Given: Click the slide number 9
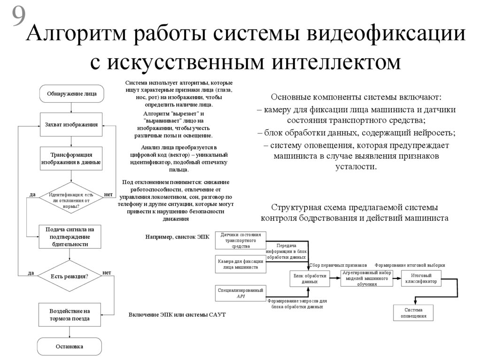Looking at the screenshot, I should (18, 17).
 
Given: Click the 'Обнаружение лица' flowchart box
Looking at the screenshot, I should (71, 93).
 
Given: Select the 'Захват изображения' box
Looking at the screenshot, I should (71, 125).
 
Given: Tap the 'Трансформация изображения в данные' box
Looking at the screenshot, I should (71, 158).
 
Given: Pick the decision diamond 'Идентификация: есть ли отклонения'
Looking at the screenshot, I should (71, 200).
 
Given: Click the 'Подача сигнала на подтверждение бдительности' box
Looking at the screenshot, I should (70, 237).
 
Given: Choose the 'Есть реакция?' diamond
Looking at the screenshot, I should (70, 276).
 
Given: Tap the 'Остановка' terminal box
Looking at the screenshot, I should (70, 347).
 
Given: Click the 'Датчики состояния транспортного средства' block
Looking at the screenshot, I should (241, 240).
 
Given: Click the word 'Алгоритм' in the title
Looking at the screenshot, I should (80, 38).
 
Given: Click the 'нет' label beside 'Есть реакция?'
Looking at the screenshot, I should (107, 273).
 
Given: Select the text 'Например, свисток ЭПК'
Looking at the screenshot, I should (177, 237).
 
